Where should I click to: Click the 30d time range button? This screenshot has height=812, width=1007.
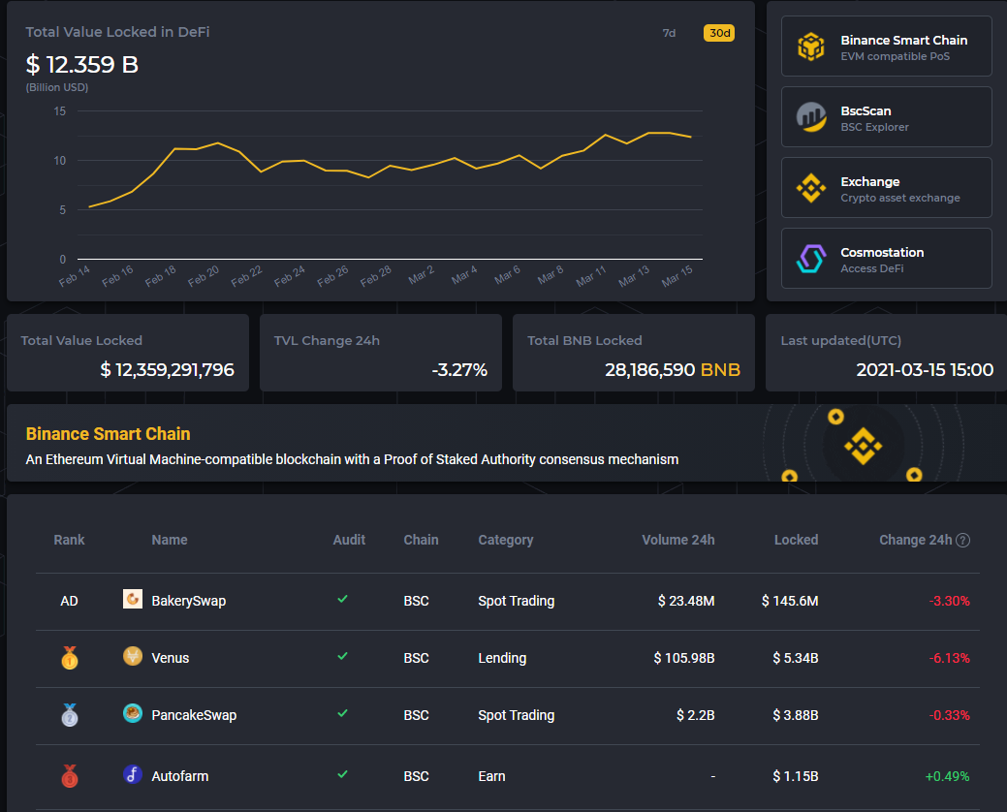pyautogui.click(x=718, y=33)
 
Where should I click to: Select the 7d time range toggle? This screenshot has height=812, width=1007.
pyautogui.click(x=669, y=33)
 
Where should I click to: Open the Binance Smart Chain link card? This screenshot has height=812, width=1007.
pyautogui.click(x=886, y=47)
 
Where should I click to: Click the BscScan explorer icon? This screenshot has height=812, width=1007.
pyautogui.click(x=810, y=117)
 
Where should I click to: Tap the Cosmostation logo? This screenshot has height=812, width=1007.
pyautogui.click(x=810, y=259)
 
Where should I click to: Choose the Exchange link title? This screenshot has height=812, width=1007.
pyautogui.click(x=869, y=181)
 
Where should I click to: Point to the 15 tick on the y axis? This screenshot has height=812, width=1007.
pyautogui.click(x=60, y=111)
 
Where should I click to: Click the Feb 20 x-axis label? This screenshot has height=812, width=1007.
pyautogui.click(x=204, y=276)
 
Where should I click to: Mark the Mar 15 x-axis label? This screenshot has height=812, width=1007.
pyautogui.click(x=677, y=276)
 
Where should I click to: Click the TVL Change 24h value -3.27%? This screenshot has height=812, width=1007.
pyautogui.click(x=458, y=369)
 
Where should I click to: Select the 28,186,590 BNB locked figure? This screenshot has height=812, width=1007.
pyautogui.click(x=672, y=369)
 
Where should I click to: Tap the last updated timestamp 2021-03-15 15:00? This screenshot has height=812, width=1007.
pyautogui.click(x=925, y=369)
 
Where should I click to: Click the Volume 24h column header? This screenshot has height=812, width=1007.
pyautogui.click(x=677, y=540)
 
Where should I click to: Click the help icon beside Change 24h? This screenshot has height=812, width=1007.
pyautogui.click(x=963, y=541)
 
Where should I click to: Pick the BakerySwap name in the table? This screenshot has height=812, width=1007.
pyautogui.click(x=188, y=601)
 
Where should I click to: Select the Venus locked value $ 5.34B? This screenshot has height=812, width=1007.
pyautogui.click(x=795, y=658)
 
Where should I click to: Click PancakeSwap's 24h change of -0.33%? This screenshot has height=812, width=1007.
pyautogui.click(x=949, y=715)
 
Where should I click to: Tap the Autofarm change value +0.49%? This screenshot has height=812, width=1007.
pyautogui.click(x=947, y=776)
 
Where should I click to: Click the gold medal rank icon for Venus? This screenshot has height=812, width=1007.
pyautogui.click(x=69, y=658)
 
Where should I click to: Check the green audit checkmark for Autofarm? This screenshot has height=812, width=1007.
pyautogui.click(x=342, y=775)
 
